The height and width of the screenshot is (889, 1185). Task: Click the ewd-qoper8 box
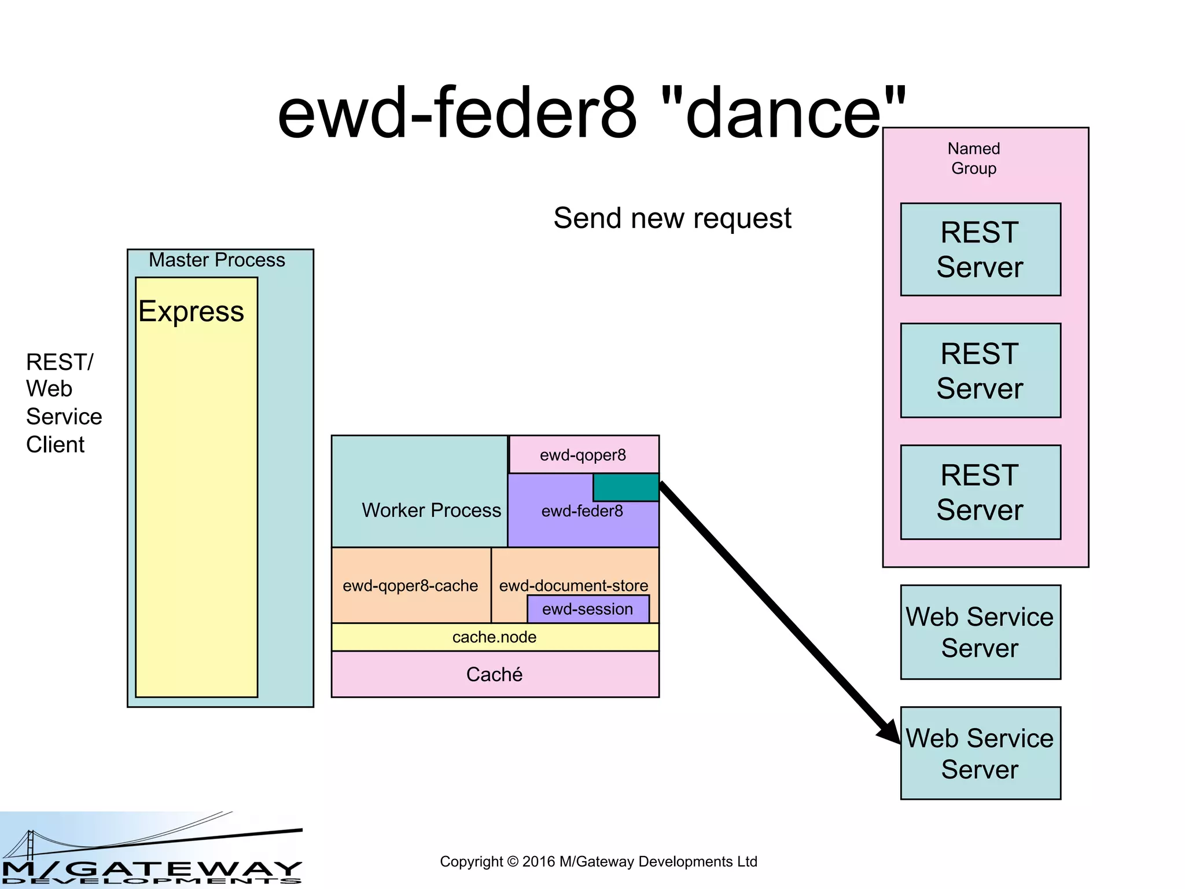tap(583, 455)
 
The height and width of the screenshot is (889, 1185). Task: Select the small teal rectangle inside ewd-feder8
tap(625, 487)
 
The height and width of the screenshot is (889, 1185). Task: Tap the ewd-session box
tap(588, 609)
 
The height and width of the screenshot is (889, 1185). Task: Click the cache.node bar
tap(495, 637)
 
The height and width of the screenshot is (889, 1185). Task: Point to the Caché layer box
tap(495, 674)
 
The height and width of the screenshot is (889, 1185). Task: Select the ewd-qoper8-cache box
tap(411, 586)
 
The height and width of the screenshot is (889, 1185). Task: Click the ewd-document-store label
tap(573, 585)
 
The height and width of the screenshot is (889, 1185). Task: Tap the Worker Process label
tap(431, 510)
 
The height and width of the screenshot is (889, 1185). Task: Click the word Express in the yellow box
tap(192, 311)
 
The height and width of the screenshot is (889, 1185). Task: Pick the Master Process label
tap(217, 260)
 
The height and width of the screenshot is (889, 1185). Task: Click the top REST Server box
tap(980, 249)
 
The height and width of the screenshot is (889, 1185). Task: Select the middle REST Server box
tap(980, 370)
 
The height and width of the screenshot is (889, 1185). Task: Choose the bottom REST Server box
tap(980, 492)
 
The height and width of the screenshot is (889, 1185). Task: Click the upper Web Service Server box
tap(980, 632)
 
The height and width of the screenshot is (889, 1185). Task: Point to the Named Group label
tap(974, 158)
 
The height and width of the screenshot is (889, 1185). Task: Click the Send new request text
tap(672, 218)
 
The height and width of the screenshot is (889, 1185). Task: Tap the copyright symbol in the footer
tap(512, 862)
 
